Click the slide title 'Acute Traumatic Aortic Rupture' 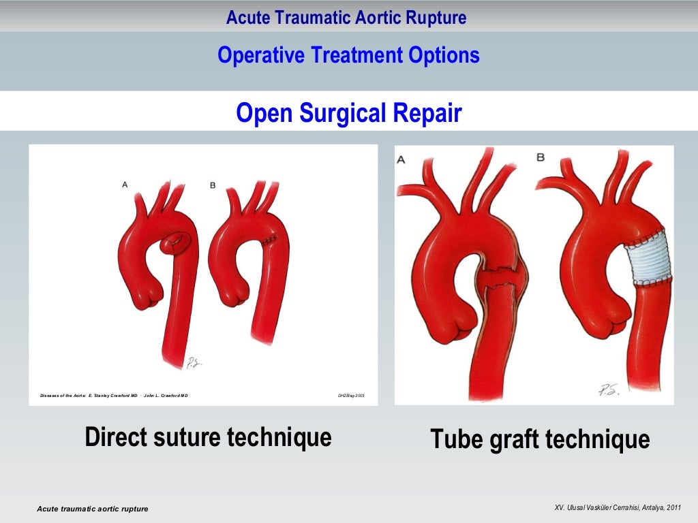point(346,18)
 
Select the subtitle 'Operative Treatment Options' point(348,55)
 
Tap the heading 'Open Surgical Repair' point(348,113)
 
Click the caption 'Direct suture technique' point(208,437)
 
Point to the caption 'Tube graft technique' point(539,439)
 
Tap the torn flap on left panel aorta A point(179,240)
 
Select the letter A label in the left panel point(125,185)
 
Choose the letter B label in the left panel point(213,185)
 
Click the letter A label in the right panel point(401,159)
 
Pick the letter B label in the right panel point(541,157)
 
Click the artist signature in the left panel point(194,363)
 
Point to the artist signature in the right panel point(609,391)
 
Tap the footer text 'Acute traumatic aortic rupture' point(92,509)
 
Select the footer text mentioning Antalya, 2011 point(618,508)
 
